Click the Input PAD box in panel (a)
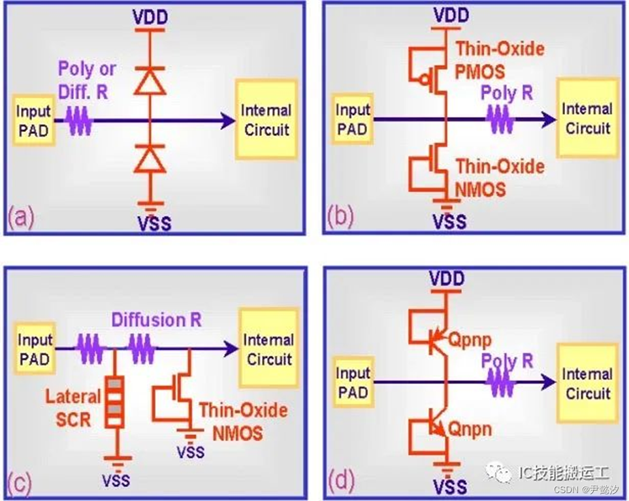pyautogui.click(x=33, y=120)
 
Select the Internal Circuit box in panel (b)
pyautogui.click(x=587, y=119)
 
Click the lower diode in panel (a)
pyautogui.click(x=150, y=159)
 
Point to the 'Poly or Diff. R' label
pyautogui.click(x=87, y=80)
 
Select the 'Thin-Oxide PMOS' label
pyautogui.click(x=500, y=58)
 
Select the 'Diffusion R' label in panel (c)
pyautogui.click(x=157, y=320)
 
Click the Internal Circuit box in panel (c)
pyautogui.click(x=268, y=349)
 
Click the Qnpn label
pyautogui.click(x=470, y=428)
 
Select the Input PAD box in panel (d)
pyautogui.click(x=353, y=383)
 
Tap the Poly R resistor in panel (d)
pyautogui.click(x=502, y=383)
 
